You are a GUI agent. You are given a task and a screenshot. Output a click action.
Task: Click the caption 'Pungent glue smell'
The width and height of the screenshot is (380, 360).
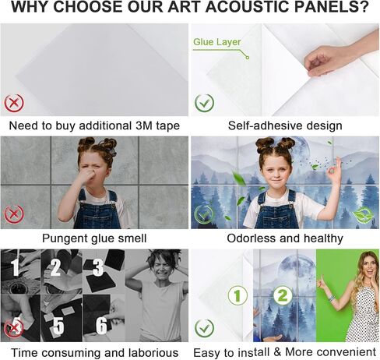(x=94, y=238)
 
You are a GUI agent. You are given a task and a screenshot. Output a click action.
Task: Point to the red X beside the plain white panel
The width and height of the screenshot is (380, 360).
(x=14, y=102)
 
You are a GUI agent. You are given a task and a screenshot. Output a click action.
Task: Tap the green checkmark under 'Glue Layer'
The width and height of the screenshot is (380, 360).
(x=204, y=102)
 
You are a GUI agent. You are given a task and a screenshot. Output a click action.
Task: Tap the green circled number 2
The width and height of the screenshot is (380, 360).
(x=283, y=295)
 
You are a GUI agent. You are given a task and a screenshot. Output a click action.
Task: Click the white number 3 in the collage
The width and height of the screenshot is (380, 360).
(x=97, y=268)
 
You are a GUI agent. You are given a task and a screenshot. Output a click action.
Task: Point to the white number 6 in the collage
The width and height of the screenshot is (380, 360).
(x=100, y=323)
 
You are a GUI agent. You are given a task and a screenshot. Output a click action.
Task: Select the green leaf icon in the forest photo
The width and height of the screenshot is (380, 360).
(x=361, y=215)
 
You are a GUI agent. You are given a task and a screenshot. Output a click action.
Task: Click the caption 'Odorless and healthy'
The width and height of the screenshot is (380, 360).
(x=285, y=238)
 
